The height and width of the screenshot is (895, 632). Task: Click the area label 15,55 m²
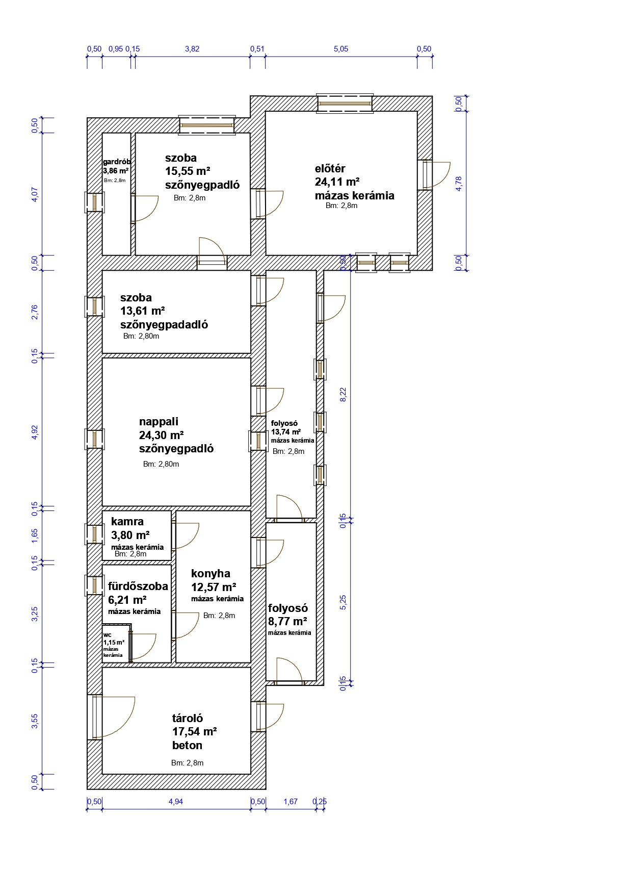[188, 171]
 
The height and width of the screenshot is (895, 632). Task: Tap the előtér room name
[330, 169]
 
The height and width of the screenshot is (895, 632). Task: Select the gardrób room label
[117, 162]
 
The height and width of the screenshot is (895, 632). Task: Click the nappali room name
[159, 422]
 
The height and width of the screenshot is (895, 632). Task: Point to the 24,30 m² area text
[162, 436]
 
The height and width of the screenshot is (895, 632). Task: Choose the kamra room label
[127, 522]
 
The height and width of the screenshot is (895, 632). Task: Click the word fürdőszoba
[138, 586]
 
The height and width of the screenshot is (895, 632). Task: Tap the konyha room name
[210, 574]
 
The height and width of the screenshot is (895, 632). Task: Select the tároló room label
[188, 718]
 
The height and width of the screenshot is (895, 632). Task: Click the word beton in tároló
[187, 746]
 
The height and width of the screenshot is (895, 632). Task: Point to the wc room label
[108, 635]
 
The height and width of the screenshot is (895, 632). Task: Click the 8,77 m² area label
[287, 622]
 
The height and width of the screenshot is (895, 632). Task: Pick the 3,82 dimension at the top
[192, 49]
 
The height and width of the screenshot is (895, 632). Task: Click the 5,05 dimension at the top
[341, 49]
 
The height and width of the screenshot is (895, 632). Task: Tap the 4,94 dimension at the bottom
[176, 802]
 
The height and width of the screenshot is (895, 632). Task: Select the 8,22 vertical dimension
[343, 394]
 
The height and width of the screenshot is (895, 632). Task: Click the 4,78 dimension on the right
[459, 184]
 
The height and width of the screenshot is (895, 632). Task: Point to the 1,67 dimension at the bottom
[291, 802]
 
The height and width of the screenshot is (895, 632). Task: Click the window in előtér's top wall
[345, 104]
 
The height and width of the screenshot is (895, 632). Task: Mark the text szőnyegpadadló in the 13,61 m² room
[164, 325]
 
